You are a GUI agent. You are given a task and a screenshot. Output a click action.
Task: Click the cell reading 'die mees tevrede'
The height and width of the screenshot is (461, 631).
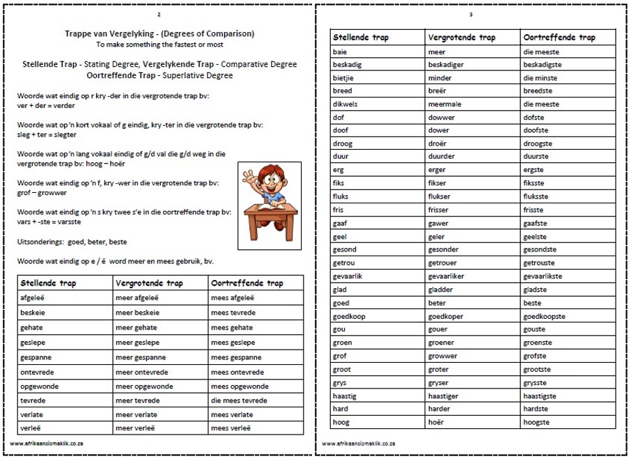[239, 400]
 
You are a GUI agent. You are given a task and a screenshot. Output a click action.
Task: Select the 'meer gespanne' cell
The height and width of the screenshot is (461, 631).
[137, 357]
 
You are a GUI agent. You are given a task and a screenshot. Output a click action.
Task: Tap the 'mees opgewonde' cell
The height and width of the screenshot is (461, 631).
[240, 386]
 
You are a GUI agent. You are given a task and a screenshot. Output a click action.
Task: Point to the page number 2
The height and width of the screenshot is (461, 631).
[159, 15]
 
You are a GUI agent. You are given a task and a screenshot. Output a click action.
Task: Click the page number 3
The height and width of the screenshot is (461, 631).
[472, 15]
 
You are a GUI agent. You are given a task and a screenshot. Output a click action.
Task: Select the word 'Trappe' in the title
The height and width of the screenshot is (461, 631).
[77, 33]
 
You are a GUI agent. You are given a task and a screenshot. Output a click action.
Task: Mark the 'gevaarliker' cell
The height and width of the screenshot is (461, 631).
[447, 276]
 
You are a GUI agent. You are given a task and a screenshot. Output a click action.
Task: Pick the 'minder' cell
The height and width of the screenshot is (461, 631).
[440, 77]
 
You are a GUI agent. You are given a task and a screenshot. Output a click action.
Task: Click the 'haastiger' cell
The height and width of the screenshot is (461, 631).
[445, 395]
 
